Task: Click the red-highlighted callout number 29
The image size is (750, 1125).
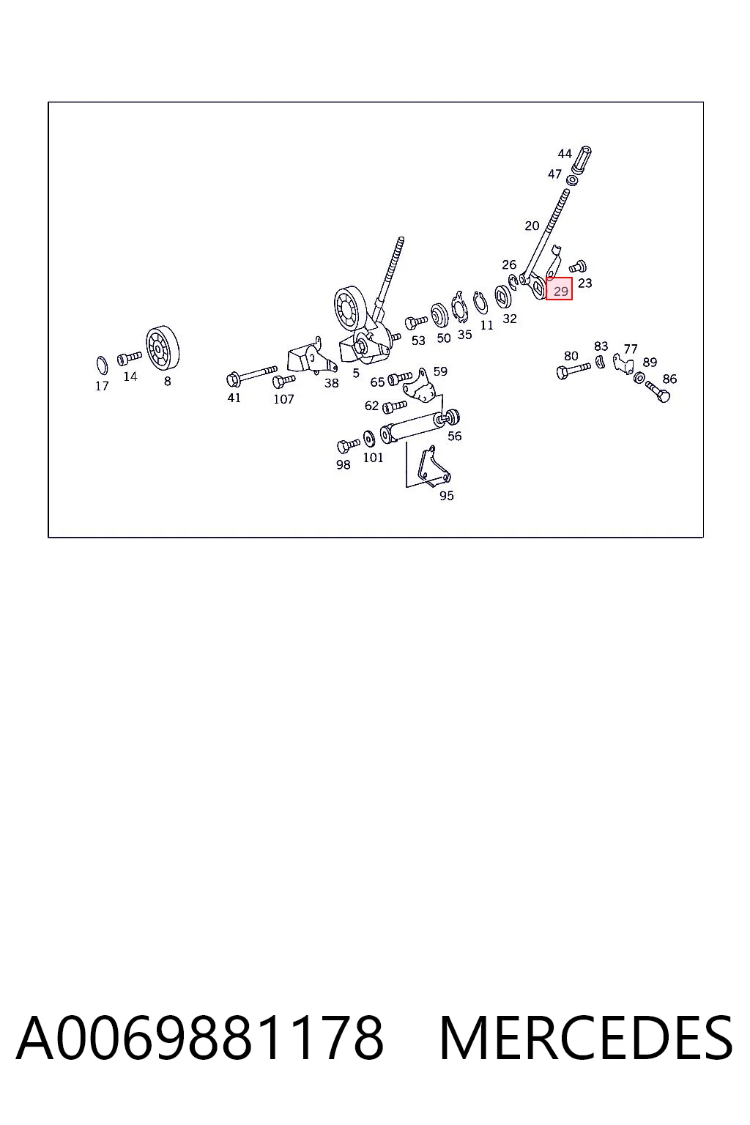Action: (560, 291)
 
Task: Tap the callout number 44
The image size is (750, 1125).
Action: (565, 154)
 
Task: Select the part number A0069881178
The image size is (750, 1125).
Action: (200, 1038)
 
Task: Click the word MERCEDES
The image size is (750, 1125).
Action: (586, 1038)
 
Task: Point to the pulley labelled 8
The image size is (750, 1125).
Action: (163, 347)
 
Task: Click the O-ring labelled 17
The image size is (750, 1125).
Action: (102, 365)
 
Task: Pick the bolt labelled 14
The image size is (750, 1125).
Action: (130, 358)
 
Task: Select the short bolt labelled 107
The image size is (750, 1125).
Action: (284, 381)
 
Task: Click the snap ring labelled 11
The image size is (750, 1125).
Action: (480, 302)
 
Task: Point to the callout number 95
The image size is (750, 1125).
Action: (446, 496)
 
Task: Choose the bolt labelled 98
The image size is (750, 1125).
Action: (348, 445)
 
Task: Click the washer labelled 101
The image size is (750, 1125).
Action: (368, 439)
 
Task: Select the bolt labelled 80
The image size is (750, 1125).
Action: (573, 371)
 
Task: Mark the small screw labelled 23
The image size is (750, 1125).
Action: (578, 266)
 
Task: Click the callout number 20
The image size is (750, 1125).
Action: (532, 226)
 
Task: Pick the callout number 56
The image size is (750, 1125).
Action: (454, 436)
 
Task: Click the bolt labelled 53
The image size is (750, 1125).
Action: (416, 322)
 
